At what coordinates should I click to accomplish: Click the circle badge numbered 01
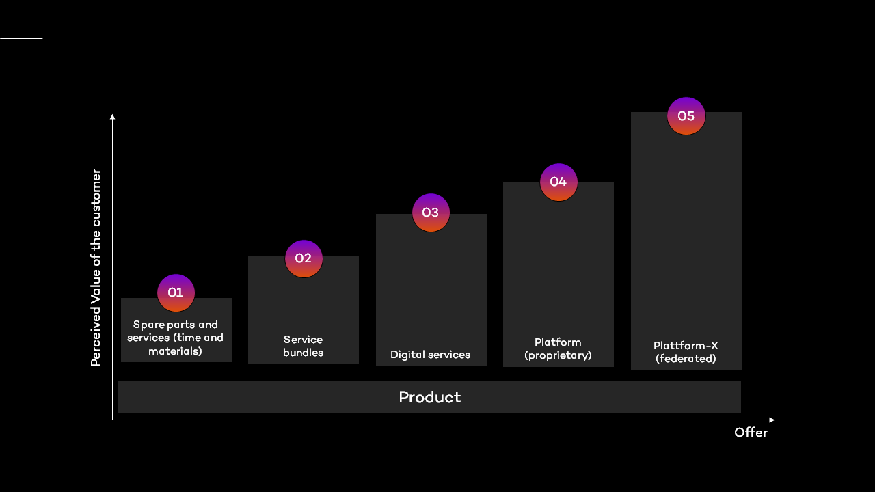click(x=176, y=292)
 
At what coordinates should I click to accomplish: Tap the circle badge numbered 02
click(x=304, y=258)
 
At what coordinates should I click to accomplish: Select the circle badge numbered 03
click(x=431, y=213)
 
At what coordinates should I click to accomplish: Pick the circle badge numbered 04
click(x=558, y=182)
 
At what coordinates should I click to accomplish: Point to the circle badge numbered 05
click(x=686, y=116)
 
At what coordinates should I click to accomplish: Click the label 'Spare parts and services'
click(x=176, y=338)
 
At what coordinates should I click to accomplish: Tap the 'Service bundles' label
click(x=303, y=346)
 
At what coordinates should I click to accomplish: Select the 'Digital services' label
click(x=430, y=355)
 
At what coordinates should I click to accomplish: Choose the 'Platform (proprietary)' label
click(x=558, y=348)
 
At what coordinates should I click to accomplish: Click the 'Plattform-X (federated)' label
click(x=686, y=352)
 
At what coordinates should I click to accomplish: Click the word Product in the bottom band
click(x=429, y=397)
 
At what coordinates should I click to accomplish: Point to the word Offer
click(x=751, y=433)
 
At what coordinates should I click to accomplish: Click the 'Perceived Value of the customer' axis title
click(x=96, y=267)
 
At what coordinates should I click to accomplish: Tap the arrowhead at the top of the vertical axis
click(x=112, y=117)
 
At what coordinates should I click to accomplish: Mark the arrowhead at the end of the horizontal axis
click(x=772, y=420)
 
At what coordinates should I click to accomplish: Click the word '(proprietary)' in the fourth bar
click(x=558, y=355)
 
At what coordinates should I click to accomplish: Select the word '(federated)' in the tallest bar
click(x=686, y=359)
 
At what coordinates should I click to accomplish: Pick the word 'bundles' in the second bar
click(x=303, y=353)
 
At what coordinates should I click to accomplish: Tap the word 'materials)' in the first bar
click(x=176, y=351)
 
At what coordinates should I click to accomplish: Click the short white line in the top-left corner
click(x=21, y=38)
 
